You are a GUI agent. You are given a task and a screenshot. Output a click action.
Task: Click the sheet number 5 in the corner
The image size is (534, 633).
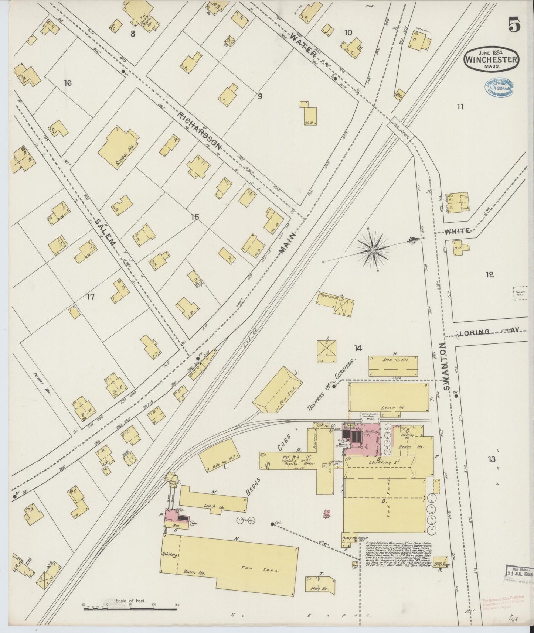[514, 26]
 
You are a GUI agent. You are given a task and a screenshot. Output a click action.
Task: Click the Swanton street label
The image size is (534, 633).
[447, 366]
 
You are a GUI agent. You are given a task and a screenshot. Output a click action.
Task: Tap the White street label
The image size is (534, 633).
[458, 231]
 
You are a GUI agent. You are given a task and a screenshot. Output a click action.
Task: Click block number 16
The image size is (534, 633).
[67, 83]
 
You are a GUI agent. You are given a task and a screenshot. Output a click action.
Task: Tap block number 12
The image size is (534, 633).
[490, 275]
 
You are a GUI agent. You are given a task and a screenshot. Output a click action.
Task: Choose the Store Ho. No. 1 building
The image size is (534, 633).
[393, 366]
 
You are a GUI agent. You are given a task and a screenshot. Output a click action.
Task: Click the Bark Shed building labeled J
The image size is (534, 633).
[275, 391]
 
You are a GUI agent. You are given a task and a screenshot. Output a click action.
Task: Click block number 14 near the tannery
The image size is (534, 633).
[357, 348]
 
